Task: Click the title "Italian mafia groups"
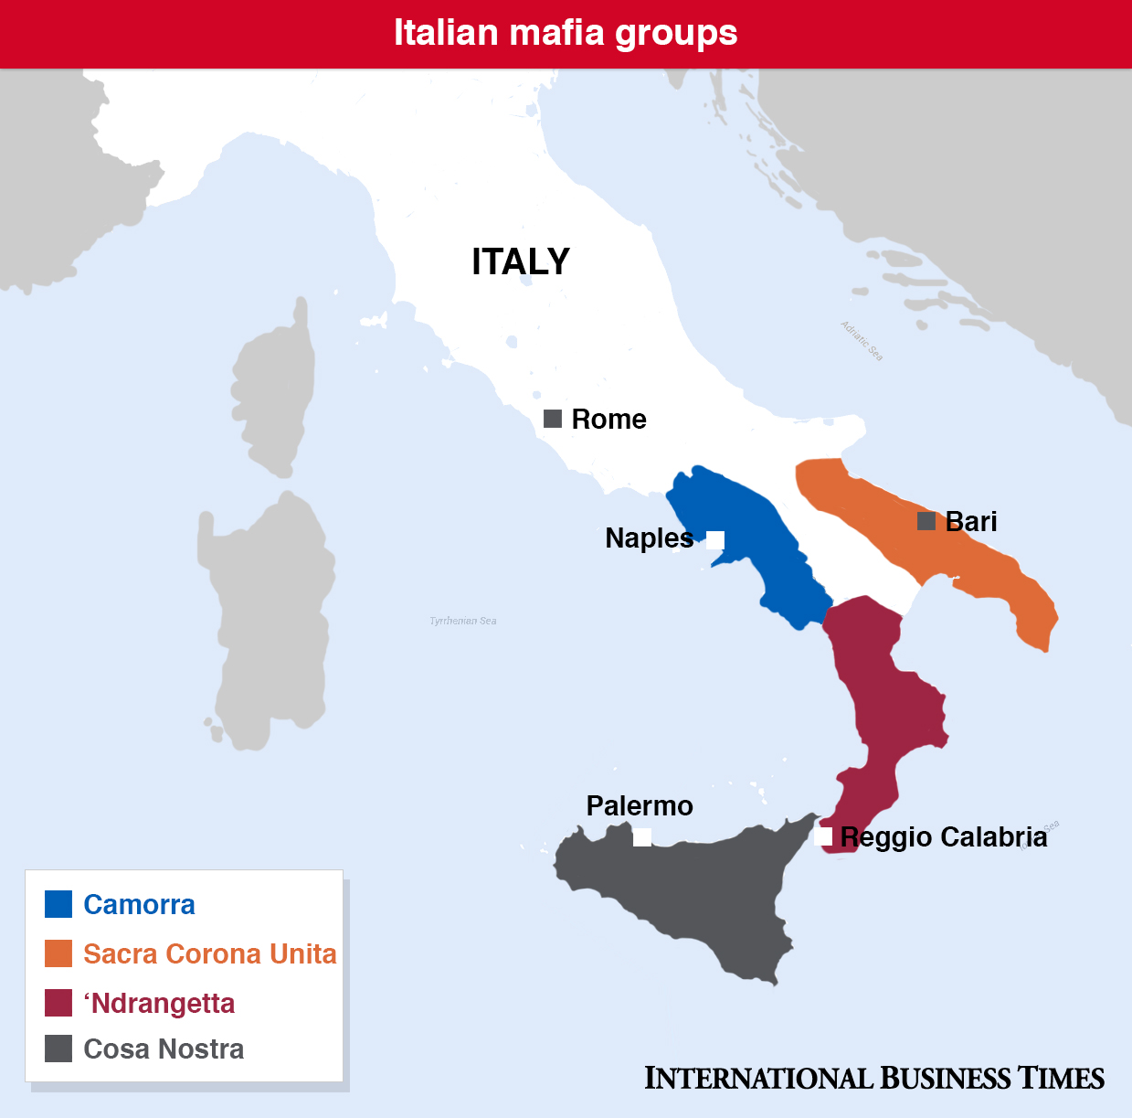click(x=566, y=33)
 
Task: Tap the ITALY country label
click(x=521, y=261)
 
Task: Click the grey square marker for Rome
click(x=553, y=419)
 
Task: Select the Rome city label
click(x=608, y=420)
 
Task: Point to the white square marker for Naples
click(x=715, y=539)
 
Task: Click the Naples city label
click(x=649, y=538)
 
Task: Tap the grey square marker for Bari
click(x=926, y=521)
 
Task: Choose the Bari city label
click(x=971, y=521)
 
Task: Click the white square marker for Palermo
click(x=642, y=836)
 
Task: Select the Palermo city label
click(x=640, y=805)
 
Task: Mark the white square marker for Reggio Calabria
click(x=823, y=836)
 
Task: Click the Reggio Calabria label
click(x=944, y=836)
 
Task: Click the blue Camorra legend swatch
click(x=58, y=904)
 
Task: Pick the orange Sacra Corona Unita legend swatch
click(x=58, y=953)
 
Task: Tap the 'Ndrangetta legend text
click(x=159, y=1003)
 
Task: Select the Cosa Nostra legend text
click(x=164, y=1049)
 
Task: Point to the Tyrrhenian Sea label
click(x=463, y=621)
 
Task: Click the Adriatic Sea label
click(x=862, y=341)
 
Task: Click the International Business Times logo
click(x=874, y=1078)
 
